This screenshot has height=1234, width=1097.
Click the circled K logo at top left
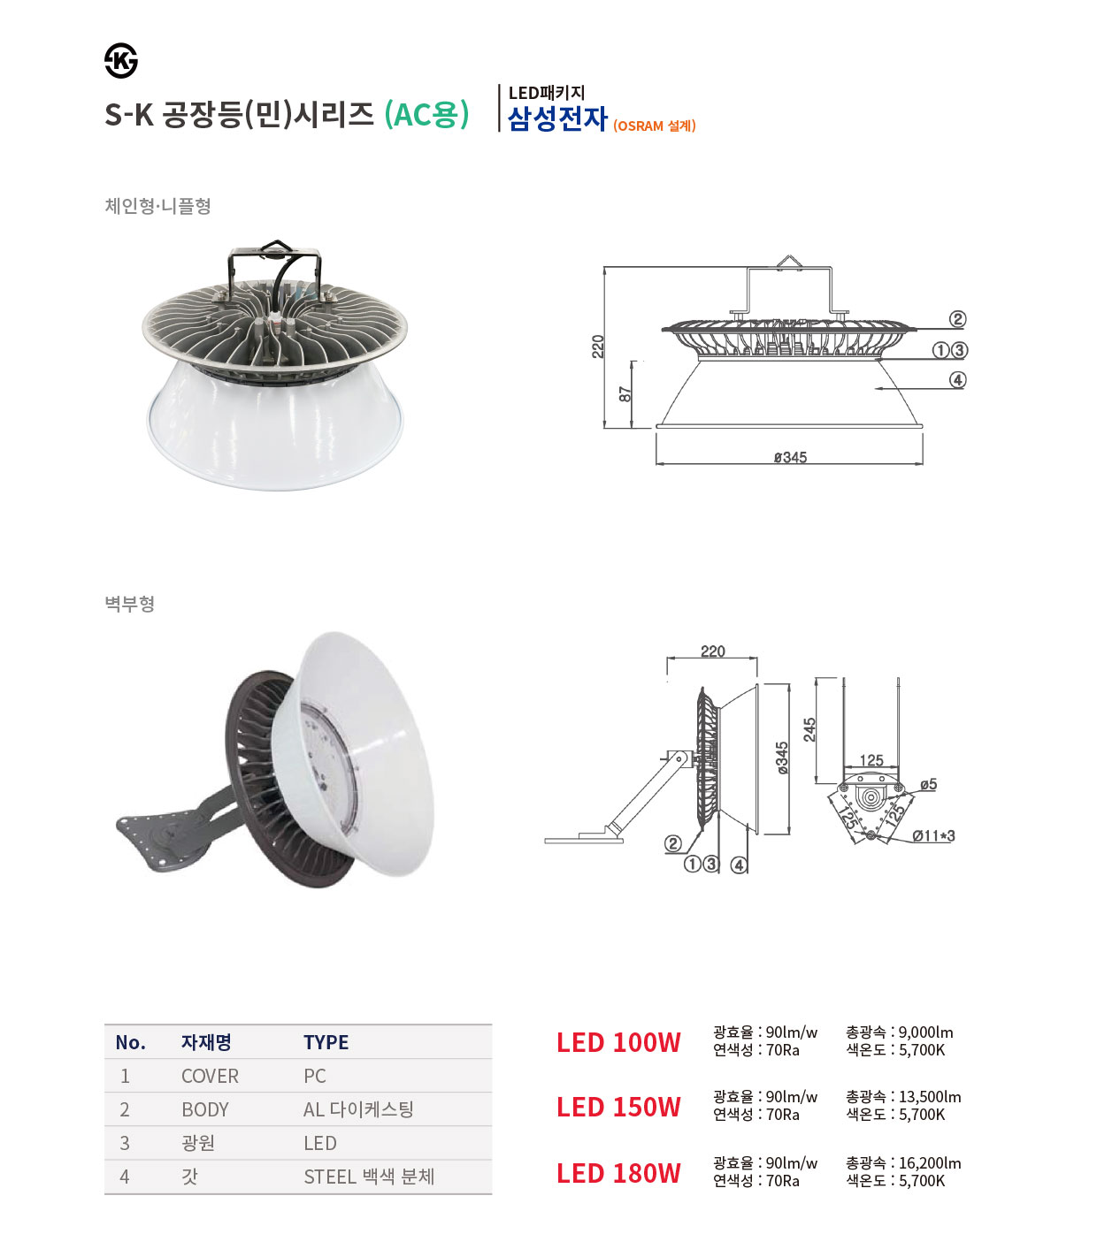120,61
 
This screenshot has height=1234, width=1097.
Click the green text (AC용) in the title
426,114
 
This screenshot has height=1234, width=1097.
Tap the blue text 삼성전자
557,118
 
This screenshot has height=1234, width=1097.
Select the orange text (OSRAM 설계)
655,126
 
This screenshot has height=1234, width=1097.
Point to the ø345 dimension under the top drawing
790,457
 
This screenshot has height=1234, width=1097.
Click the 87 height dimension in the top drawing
625,394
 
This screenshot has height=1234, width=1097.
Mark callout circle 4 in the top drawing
957,380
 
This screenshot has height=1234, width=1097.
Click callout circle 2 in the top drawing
957,319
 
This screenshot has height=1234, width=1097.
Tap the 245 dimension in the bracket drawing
809,729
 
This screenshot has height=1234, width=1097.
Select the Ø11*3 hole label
933,836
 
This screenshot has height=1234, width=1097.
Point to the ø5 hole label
928,784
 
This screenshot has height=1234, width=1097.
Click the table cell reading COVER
210,1077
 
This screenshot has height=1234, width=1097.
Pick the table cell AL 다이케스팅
358,1109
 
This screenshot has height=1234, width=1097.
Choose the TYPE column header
326,1042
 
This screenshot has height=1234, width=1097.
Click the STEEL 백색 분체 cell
369,1177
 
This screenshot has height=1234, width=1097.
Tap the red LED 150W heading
618,1107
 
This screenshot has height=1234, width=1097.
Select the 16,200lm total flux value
930,1162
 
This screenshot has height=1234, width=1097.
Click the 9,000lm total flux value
925,1032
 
